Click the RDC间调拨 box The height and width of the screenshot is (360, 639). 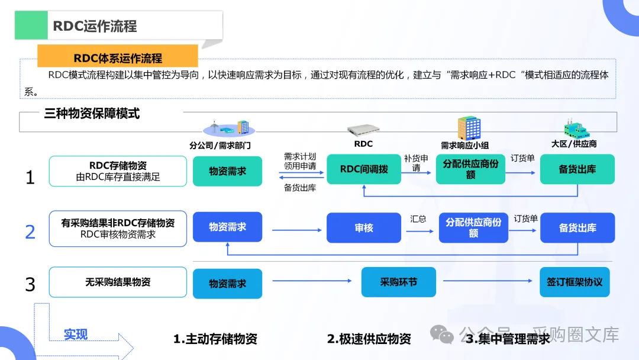[364, 169]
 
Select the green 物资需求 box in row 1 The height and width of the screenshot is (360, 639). [227, 171]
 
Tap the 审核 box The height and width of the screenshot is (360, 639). [364, 228]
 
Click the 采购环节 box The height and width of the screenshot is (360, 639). [398, 282]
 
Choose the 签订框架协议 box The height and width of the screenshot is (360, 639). [575, 282]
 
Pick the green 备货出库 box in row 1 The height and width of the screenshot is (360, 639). [577, 169]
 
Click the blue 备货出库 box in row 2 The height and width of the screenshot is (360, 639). [577, 228]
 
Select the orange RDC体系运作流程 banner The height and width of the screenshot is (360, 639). [118, 58]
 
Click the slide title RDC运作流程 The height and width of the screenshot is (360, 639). [95, 26]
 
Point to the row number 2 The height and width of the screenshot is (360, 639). [30, 232]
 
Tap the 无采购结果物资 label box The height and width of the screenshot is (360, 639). [118, 282]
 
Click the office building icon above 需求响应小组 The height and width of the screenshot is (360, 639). [469, 128]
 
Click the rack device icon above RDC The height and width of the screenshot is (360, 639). [363, 130]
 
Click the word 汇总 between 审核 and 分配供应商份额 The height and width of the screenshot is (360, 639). [418, 219]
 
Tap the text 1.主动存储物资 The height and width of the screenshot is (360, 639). [215, 339]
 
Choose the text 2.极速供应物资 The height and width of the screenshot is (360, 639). [369, 339]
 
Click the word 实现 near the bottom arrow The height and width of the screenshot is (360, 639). [76, 335]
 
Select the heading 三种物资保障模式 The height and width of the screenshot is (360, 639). [92, 113]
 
